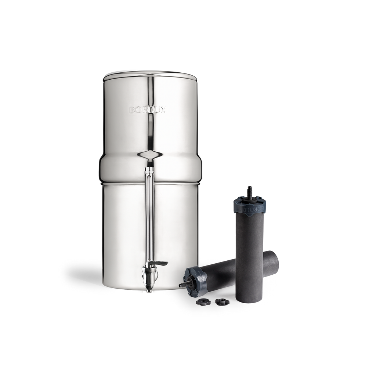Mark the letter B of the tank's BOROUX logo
pyautogui.click(x=132, y=110)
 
